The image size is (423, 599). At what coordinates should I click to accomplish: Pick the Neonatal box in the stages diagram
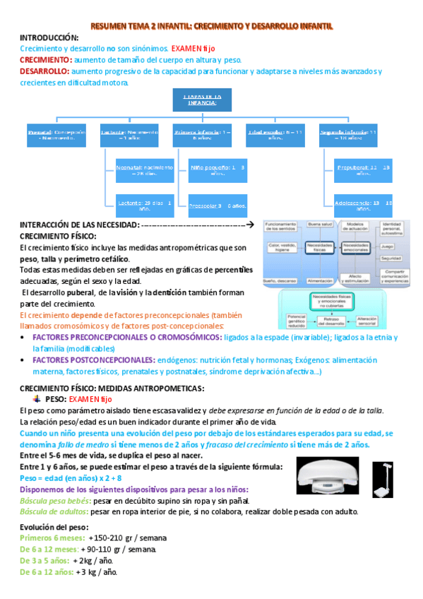coord(144,171)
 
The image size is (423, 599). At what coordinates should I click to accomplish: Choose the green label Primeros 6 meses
coord(48,538)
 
